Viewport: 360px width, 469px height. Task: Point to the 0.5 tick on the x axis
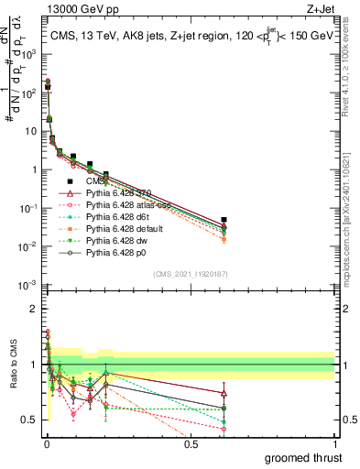point(190,443)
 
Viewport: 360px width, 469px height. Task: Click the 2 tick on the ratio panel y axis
point(35,309)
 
